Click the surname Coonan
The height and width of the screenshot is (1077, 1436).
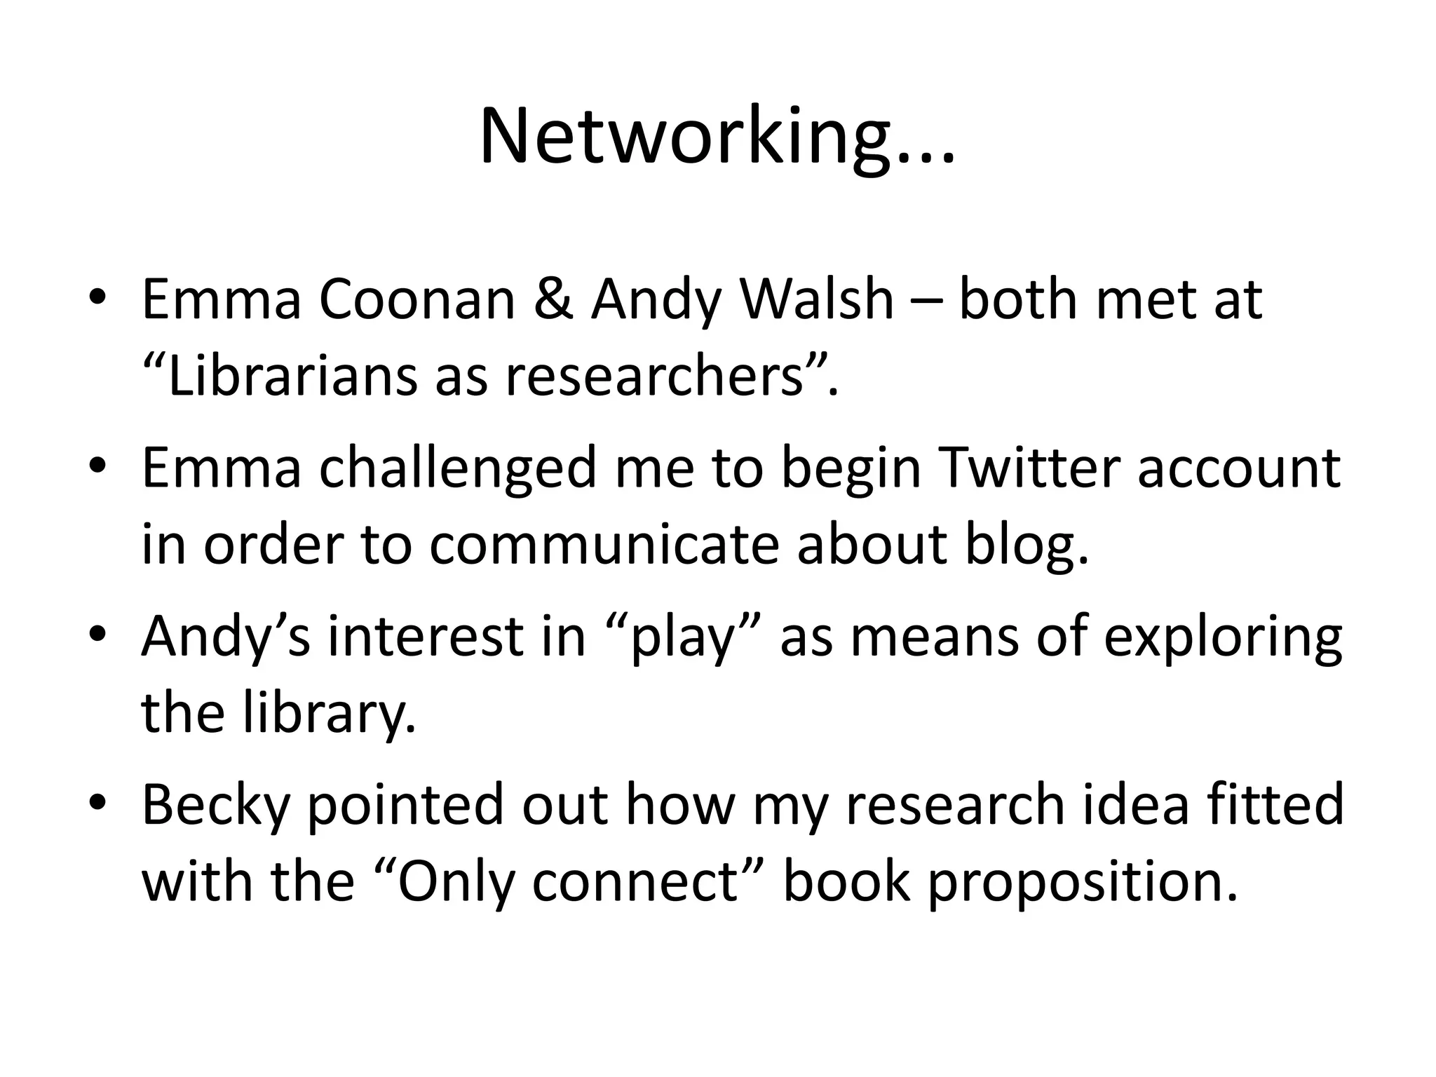pos(417,300)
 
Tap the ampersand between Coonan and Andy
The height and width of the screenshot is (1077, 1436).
pos(553,300)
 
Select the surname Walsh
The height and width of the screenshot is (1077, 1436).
pos(817,300)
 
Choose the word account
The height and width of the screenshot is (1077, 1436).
pos(1238,468)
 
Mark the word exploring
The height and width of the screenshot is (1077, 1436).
pos(1223,638)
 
